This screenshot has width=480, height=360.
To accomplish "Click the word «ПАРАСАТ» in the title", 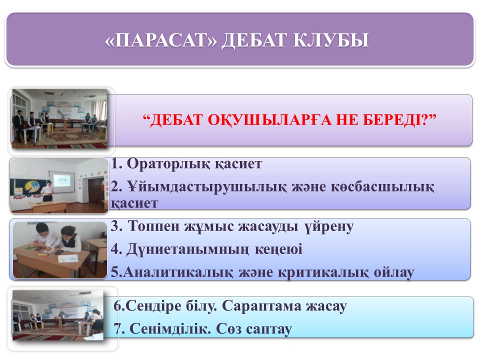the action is (x=160, y=40).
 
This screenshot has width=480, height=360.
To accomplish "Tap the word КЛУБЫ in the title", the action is (x=331, y=40).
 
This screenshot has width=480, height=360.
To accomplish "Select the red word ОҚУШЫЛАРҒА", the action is (x=269, y=119).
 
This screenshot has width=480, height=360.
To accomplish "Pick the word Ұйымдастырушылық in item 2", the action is (x=207, y=186).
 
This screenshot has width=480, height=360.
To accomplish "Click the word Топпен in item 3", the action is (x=153, y=226).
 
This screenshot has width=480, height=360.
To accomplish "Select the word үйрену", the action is (x=329, y=227).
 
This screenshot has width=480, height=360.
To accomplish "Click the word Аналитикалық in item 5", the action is (x=178, y=272).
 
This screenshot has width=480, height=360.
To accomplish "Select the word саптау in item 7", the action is (x=268, y=329).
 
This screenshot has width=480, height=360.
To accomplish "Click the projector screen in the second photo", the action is (x=62, y=180).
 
